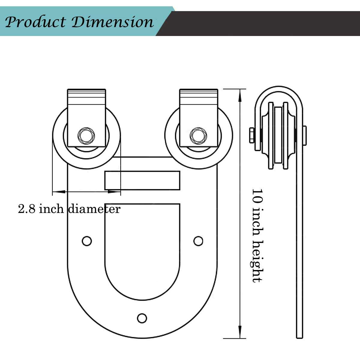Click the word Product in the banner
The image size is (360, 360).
[x=35, y=22]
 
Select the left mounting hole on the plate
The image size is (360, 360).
[x=87, y=241]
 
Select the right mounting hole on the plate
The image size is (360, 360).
[x=198, y=241]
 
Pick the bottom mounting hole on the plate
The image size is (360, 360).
[x=142, y=318]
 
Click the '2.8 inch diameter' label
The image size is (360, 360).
[x=69, y=209]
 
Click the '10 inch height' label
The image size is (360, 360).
[x=257, y=235]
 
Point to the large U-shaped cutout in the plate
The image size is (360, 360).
[x=142, y=249]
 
